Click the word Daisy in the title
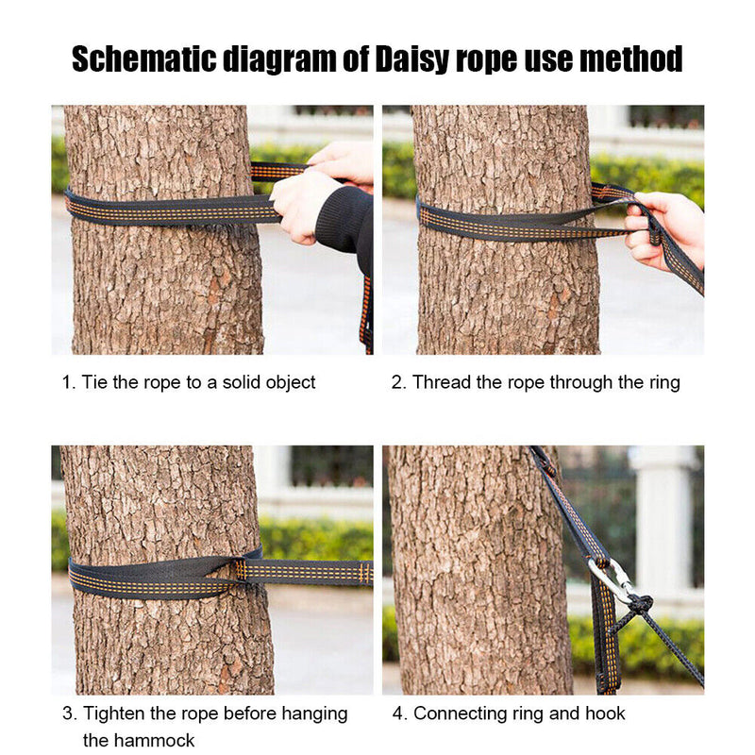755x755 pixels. tap(411, 59)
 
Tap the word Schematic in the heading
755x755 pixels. tap(144, 59)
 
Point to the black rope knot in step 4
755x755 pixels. tap(640, 603)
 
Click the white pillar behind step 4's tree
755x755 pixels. tap(663, 525)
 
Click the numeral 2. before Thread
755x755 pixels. tap(398, 383)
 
